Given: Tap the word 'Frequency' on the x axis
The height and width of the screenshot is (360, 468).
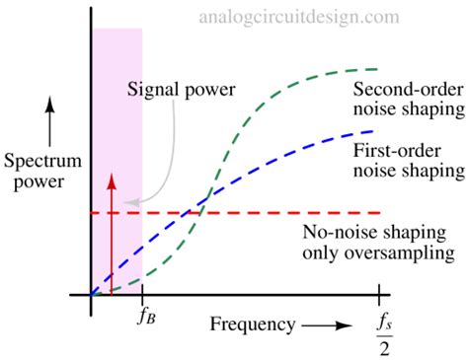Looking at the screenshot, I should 252,324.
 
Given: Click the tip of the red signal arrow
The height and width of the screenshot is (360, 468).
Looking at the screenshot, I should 112,175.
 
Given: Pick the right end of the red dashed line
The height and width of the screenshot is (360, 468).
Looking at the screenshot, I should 380,212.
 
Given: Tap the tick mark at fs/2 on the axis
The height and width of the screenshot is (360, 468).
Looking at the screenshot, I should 380,295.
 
